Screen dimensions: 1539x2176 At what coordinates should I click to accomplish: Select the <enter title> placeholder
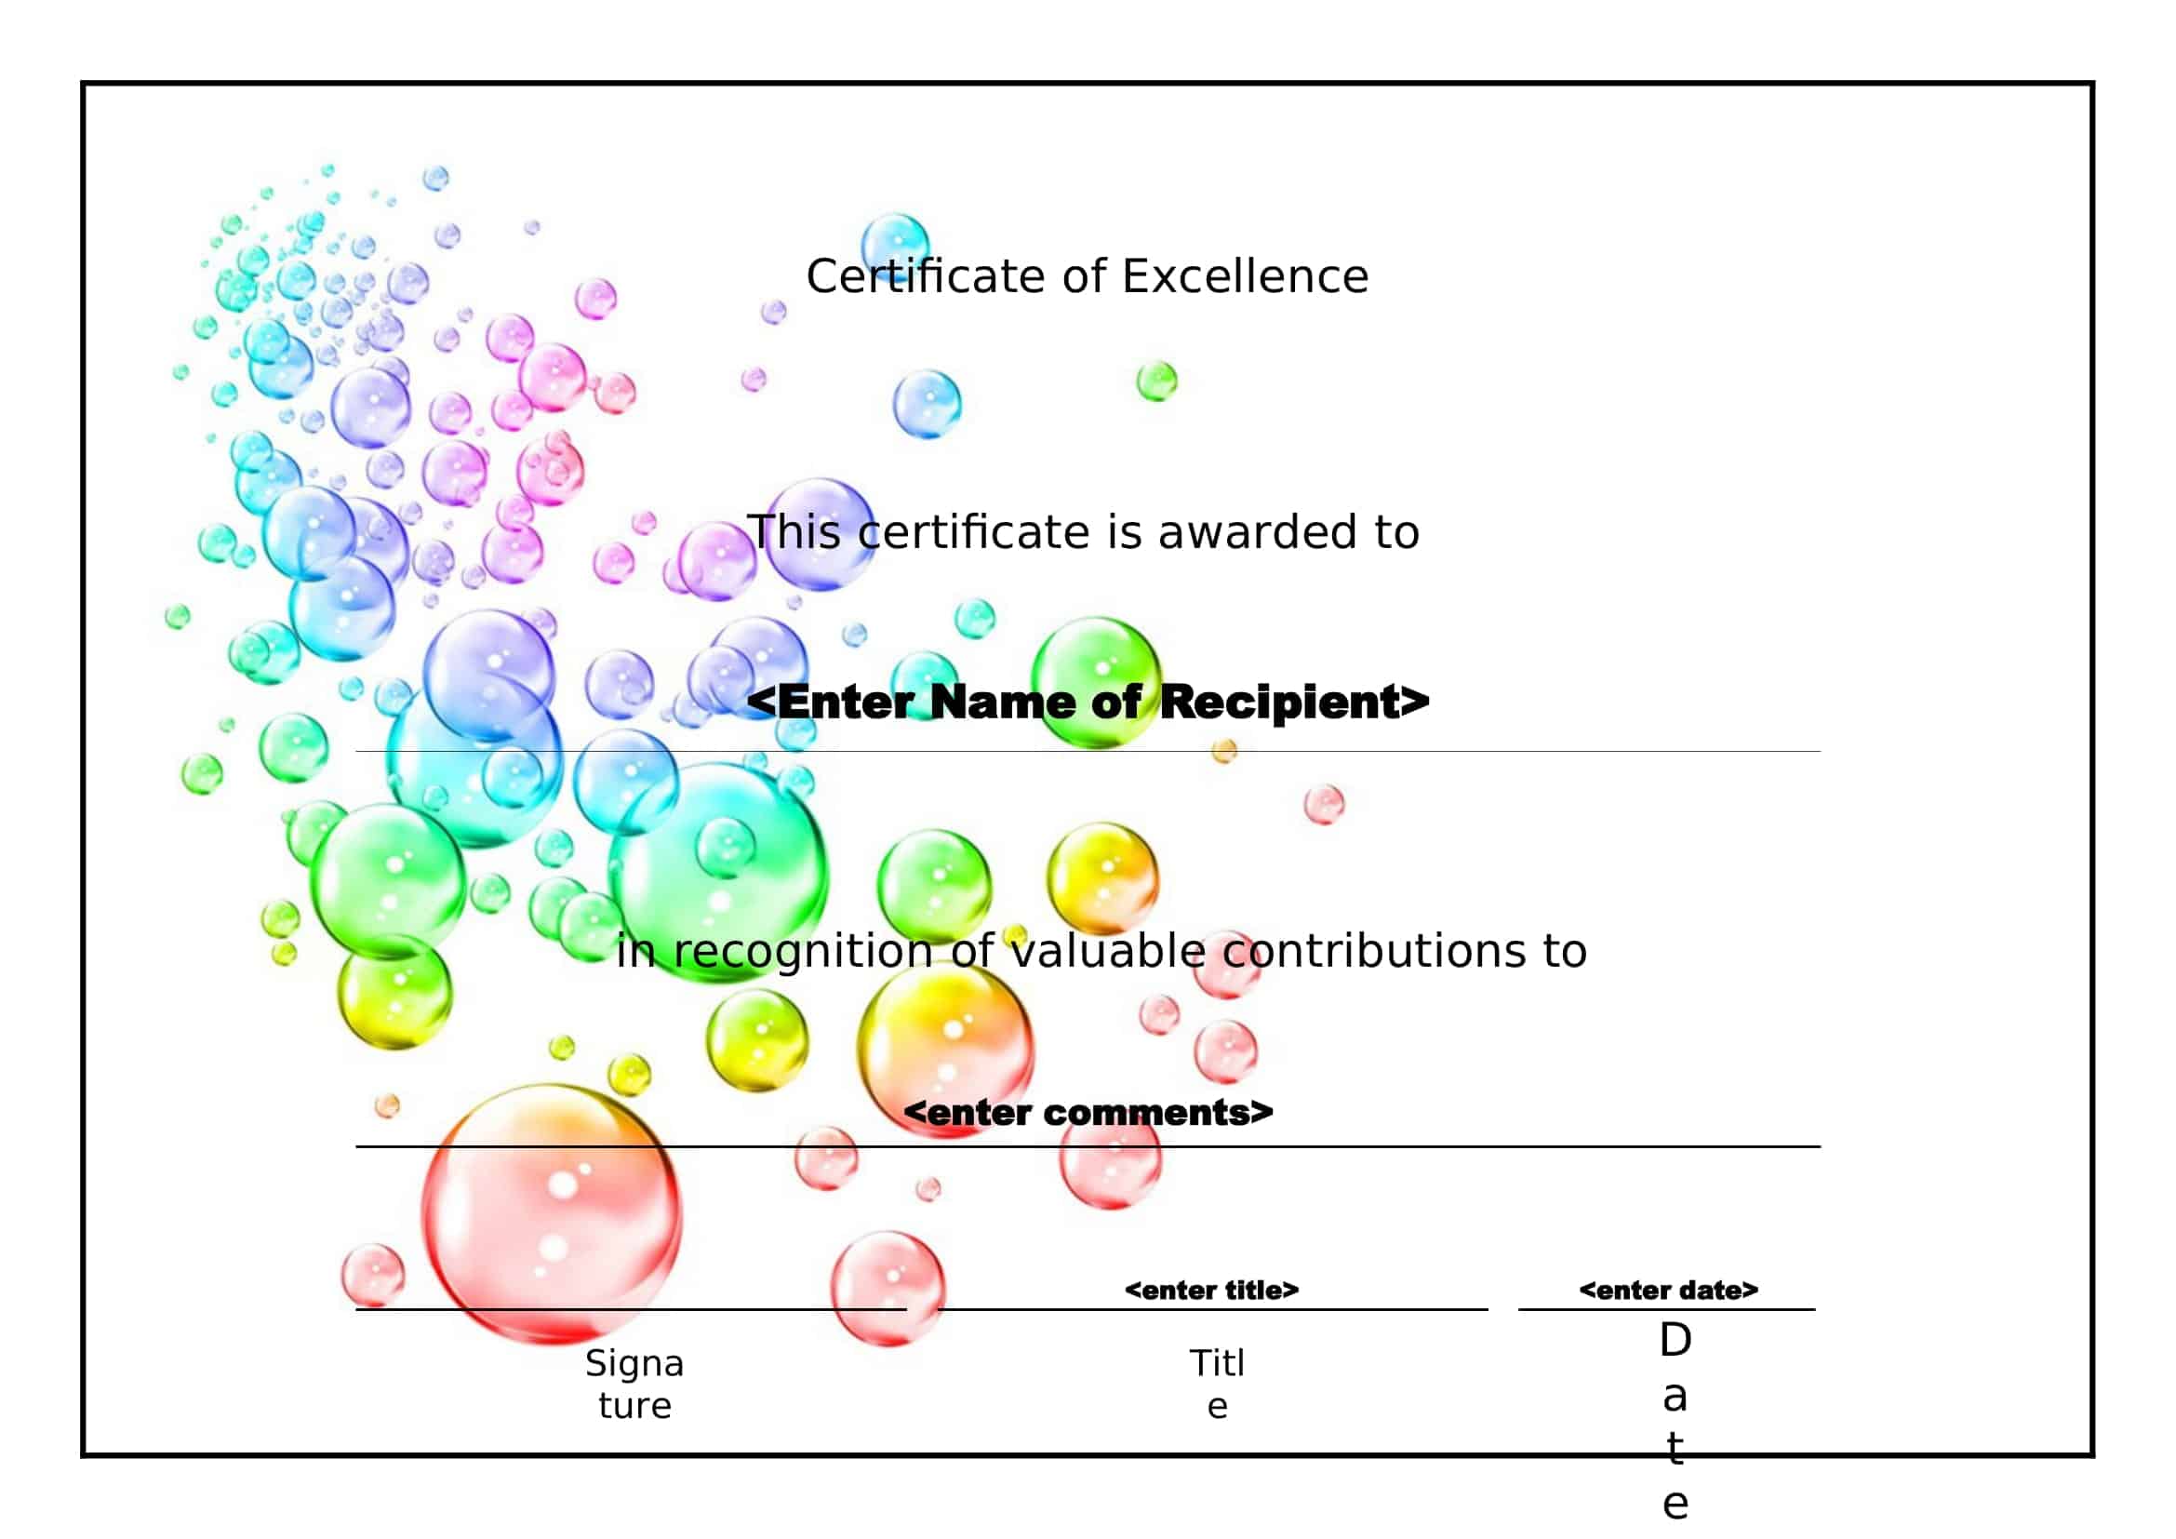(1211, 1290)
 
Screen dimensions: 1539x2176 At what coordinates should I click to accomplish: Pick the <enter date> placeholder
(1668, 1290)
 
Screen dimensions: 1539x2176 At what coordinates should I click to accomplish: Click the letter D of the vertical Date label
(1675, 1340)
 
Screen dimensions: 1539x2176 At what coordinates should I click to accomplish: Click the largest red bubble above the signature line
(551, 1215)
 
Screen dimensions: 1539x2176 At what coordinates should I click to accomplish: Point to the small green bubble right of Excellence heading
(1156, 381)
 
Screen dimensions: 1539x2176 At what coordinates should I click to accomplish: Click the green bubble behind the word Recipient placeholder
(1097, 680)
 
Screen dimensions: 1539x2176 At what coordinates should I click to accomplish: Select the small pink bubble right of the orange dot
(1323, 804)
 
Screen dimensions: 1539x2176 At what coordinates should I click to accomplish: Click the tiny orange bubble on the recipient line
(1223, 752)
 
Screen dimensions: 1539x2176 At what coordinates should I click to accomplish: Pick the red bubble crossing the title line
(888, 1288)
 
